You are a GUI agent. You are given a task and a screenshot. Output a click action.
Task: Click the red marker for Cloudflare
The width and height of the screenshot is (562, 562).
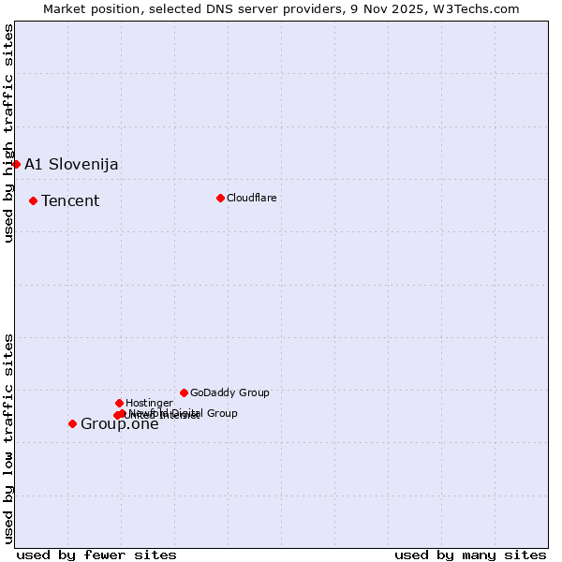(x=220, y=198)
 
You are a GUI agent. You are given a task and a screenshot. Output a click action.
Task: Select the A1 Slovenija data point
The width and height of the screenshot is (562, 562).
(x=16, y=164)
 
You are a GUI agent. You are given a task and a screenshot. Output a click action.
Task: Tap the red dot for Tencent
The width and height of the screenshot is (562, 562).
(x=33, y=200)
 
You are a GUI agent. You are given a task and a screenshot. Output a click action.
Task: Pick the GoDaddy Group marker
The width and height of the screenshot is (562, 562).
(x=184, y=392)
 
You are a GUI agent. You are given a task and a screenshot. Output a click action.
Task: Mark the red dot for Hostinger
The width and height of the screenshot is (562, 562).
(x=119, y=403)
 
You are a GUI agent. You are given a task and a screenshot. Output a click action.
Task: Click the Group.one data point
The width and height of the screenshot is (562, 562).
(x=72, y=423)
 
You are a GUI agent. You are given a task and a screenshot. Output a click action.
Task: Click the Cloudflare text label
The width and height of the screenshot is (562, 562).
(x=251, y=198)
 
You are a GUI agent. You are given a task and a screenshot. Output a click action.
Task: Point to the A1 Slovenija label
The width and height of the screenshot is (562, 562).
(x=71, y=164)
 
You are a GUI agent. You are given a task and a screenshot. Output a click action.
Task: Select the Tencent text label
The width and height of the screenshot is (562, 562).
(x=70, y=200)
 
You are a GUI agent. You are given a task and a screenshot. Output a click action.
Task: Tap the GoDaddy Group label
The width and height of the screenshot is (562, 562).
(x=229, y=392)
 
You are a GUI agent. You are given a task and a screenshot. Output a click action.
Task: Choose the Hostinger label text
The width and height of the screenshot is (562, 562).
(x=149, y=403)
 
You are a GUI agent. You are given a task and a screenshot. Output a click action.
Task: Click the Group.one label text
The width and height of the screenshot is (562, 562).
(x=120, y=424)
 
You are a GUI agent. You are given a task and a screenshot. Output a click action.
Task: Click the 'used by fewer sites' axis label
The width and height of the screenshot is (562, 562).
(x=96, y=555)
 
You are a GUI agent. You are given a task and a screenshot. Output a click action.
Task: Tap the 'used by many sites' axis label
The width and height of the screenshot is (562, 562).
(x=470, y=555)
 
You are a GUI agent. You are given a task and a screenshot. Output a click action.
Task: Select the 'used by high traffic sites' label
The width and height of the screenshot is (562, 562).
(x=8, y=133)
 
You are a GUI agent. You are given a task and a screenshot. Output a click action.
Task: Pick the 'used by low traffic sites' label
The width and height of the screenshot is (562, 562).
(x=8, y=437)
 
